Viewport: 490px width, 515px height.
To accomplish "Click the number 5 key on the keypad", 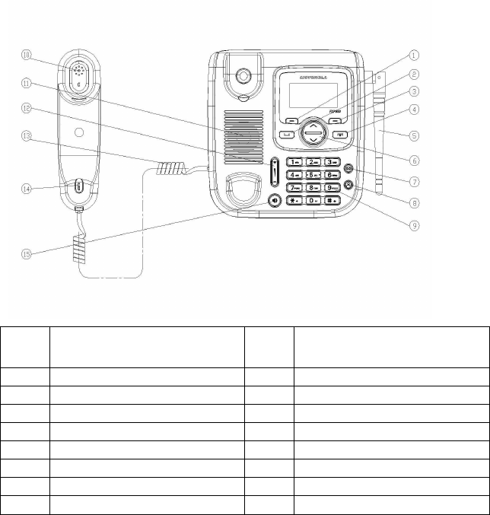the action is [313, 174].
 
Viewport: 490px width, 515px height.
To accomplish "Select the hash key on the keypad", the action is [332, 200].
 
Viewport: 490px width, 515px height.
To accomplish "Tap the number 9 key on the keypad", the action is [332, 187].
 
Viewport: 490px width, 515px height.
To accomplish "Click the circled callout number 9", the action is [414, 224].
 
